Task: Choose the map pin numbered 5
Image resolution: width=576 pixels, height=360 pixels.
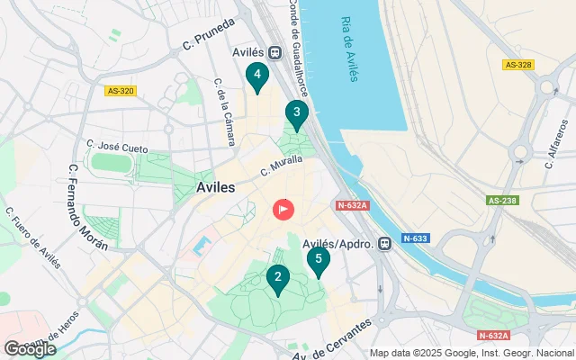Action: pos(318,261)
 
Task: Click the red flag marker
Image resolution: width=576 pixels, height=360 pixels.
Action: pos(283,211)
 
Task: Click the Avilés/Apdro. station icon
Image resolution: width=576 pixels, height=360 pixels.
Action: pos(385,243)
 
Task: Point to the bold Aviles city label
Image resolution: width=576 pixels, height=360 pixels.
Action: pos(215,187)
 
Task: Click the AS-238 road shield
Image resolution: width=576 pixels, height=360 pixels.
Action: pos(503,201)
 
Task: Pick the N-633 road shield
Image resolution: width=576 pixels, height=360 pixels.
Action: pos(417,238)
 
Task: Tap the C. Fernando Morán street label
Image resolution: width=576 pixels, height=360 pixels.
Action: pos(88,207)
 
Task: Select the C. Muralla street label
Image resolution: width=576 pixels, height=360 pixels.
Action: pos(281,166)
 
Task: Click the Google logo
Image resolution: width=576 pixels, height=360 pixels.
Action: pos(30,349)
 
